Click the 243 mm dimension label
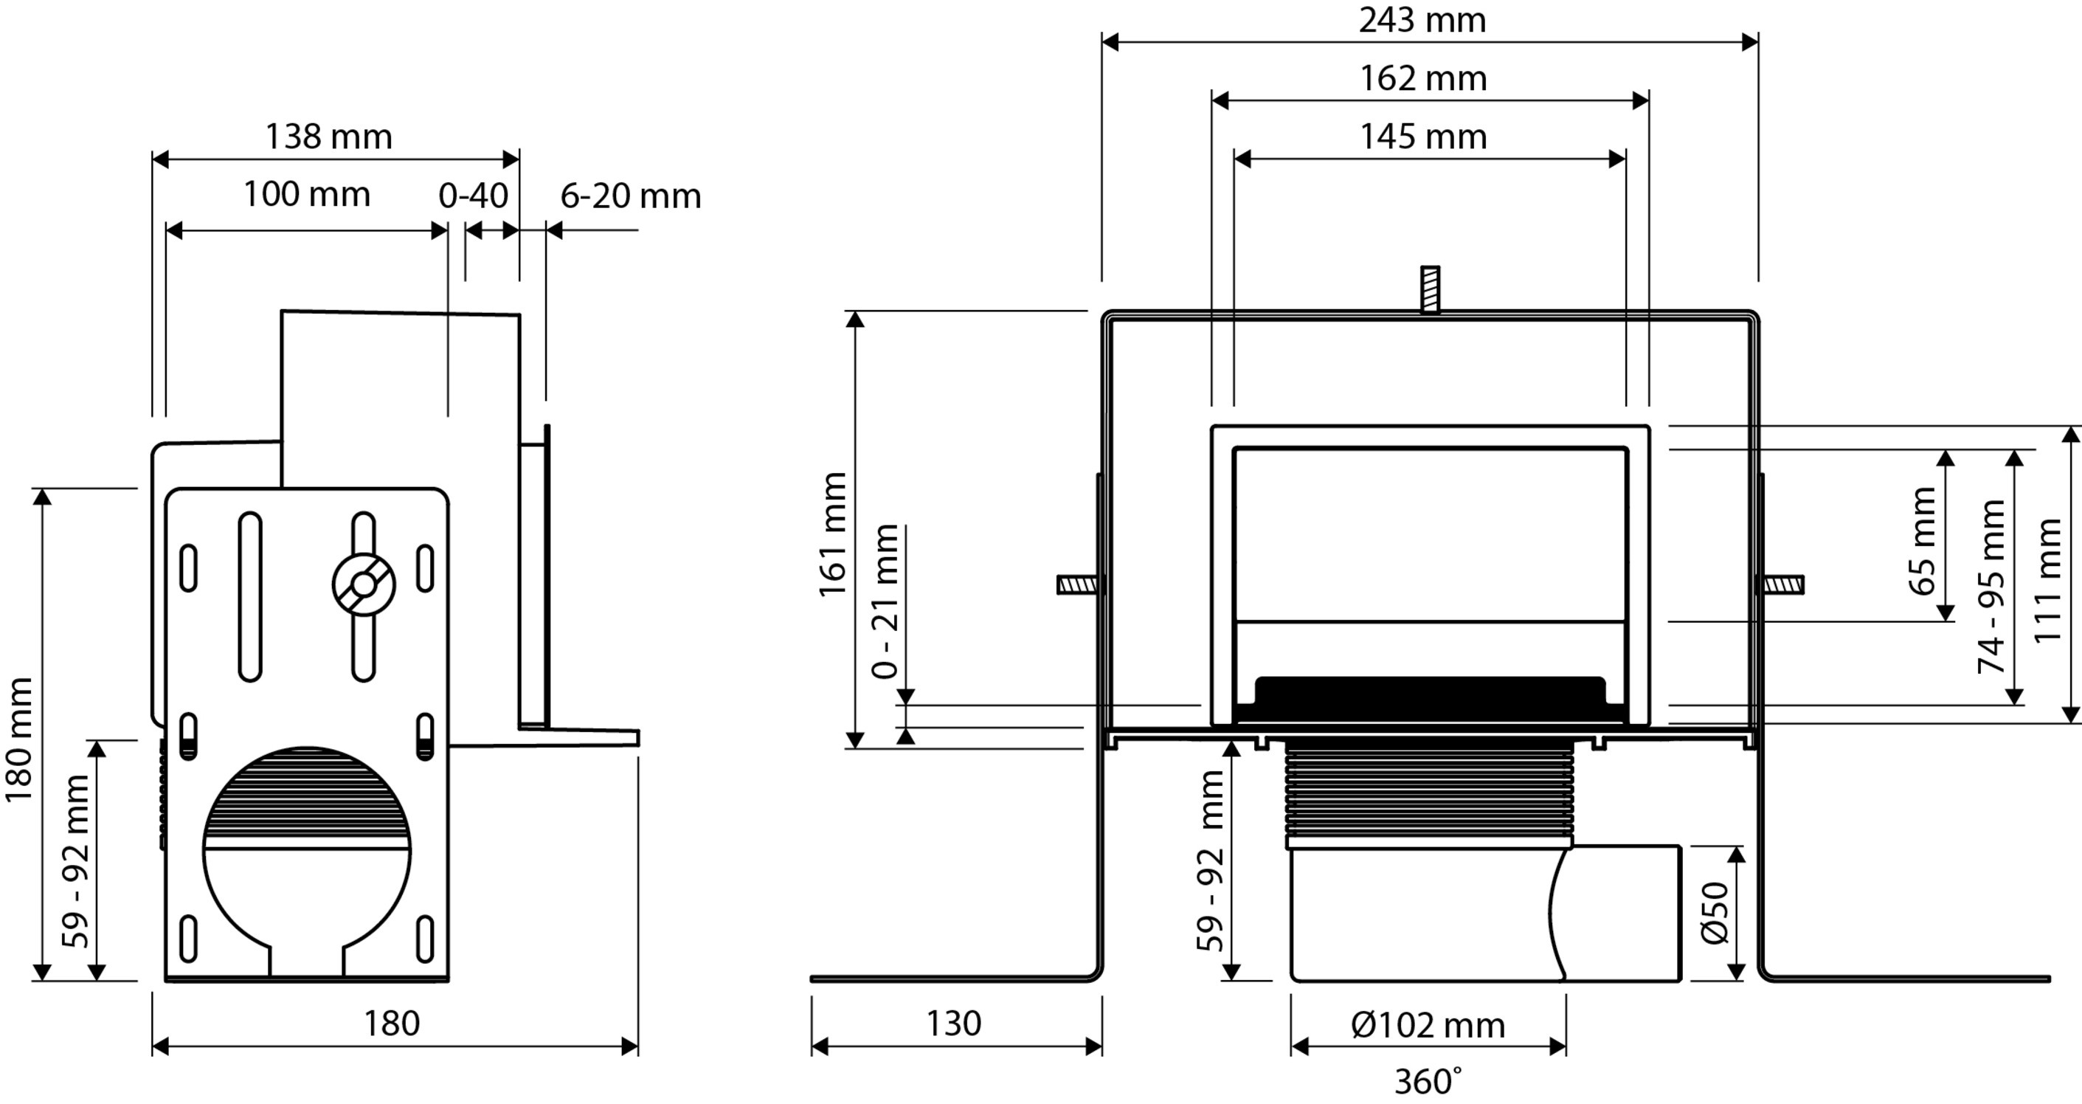pyautogui.click(x=1422, y=20)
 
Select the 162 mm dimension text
pyautogui.click(x=1422, y=78)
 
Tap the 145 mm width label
pyautogui.click(x=1422, y=137)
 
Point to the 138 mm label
pyautogui.click(x=329, y=137)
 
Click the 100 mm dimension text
pyautogui.click(x=306, y=195)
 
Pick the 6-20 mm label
pyautogui.click(x=630, y=196)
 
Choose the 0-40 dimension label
pyautogui.click(x=473, y=196)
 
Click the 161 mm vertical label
pyautogui.click(x=833, y=535)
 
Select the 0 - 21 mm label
pyautogui.click(x=886, y=601)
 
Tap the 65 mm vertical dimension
pyautogui.click(x=1923, y=542)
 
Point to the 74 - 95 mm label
pyautogui.click(x=1991, y=587)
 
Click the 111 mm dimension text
pyautogui.click(x=2047, y=580)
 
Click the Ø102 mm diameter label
pyautogui.click(x=1428, y=1026)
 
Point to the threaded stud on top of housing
pyautogui.click(x=1430, y=289)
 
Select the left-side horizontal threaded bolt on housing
pyautogui.click(x=1077, y=584)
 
